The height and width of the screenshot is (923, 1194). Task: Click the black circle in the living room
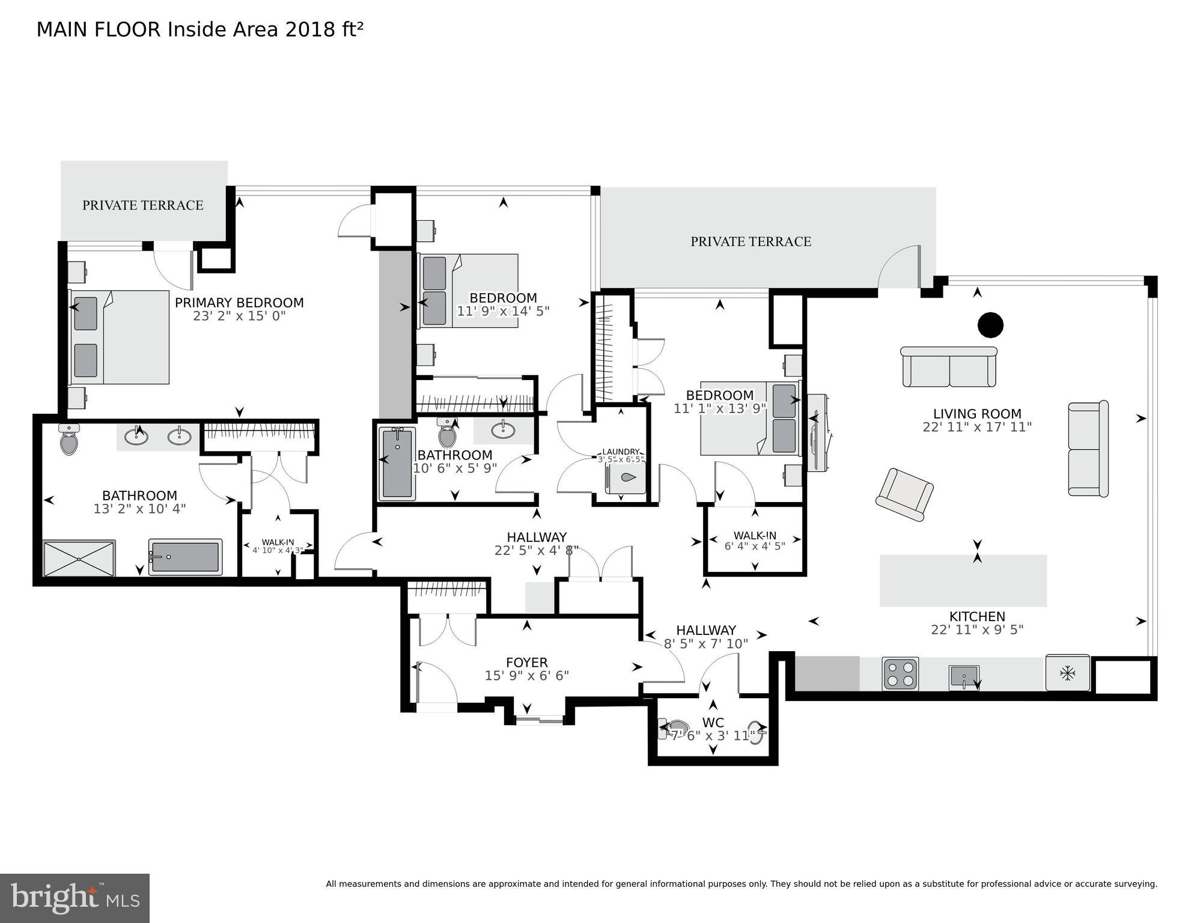point(990,325)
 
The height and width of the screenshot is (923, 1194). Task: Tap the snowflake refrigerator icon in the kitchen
point(1067,673)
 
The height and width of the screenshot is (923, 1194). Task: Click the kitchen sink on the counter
point(964,677)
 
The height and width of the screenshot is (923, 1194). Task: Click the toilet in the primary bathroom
point(70,440)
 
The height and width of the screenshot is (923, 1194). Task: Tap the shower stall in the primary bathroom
point(79,558)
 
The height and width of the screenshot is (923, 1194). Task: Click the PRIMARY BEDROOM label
point(239,303)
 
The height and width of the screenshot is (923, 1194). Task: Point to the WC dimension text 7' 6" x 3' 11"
point(713,736)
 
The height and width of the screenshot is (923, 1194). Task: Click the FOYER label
point(526,663)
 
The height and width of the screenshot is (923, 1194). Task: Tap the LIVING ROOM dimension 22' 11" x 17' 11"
point(977,428)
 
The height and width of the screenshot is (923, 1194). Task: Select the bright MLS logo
point(75,898)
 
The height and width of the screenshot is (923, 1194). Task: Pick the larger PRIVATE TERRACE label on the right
point(751,242)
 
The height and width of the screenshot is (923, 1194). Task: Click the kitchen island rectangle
point(963,580)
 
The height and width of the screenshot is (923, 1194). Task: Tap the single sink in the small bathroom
point(502,430)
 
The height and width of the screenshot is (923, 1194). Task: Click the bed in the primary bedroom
point(119,337)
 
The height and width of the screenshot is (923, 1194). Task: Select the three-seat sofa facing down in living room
point(949,367)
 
